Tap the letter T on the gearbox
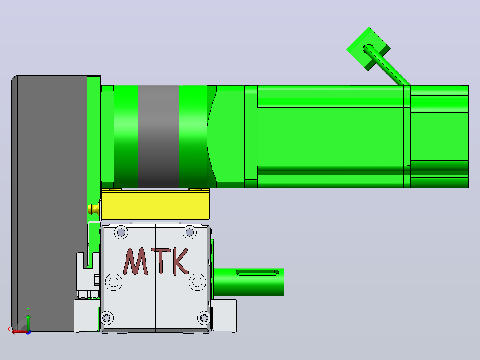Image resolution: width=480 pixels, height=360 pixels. (x=161, y=261)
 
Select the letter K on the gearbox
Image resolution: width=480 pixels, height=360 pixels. (x=181, y=262)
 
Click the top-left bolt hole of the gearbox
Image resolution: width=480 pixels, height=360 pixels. (x=121, y=232)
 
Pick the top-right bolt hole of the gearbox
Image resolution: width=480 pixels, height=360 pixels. (x=190, y=232)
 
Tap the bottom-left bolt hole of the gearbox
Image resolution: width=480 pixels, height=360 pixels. (x=106, y=318)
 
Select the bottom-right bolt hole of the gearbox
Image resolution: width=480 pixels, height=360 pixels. (x=204, y=318)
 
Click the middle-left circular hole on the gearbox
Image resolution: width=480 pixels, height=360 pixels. (x=114, y=282)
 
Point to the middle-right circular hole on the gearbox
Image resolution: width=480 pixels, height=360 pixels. (x=197, y=282)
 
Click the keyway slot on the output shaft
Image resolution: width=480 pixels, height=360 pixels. (x=257, y=272)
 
